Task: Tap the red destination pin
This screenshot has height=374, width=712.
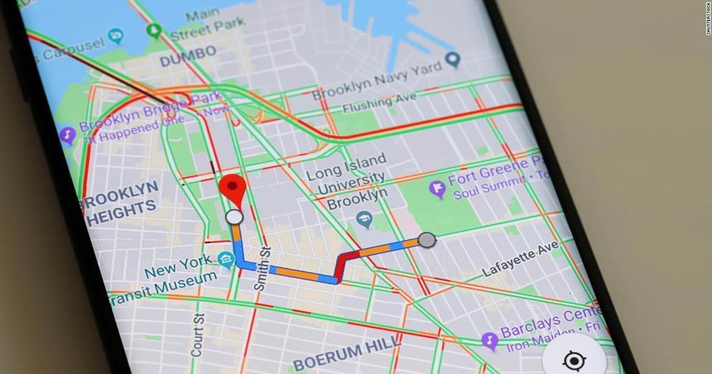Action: coord(233,188)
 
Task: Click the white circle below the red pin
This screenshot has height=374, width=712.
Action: coord(235,217)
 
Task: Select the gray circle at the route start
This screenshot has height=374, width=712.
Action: coord(427,240)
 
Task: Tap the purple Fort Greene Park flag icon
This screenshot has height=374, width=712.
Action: coord(438,189)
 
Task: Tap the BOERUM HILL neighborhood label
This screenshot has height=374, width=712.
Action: coord(346,352)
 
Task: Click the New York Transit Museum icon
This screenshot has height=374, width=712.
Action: coord(226,258)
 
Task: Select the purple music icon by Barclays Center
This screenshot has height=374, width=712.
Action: coord(489,340)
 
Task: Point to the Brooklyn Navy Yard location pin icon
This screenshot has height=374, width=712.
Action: coord(454,58)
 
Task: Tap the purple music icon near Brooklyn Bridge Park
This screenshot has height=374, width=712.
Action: coord(68,135)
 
